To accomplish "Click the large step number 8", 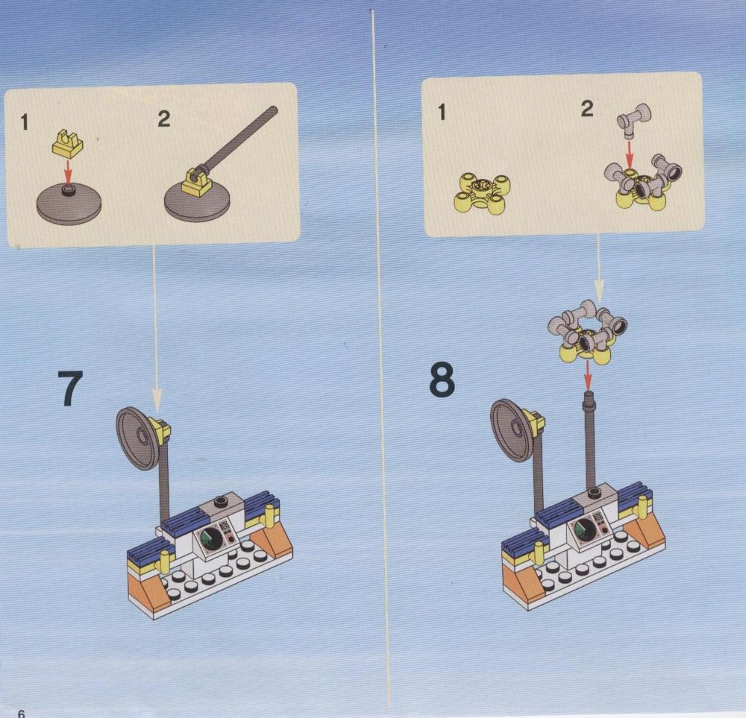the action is (442, 380).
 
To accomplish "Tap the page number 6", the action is (21, 714).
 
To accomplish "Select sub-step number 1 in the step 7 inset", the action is (25, 123).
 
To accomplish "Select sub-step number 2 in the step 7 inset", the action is (164, 119).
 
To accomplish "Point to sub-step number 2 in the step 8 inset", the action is (587, 109).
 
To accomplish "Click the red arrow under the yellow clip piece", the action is (68, 171).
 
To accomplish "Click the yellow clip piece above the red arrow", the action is (68, 144).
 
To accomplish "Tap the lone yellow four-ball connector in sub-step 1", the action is (483, 194).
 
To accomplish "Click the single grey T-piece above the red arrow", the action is (633, 120).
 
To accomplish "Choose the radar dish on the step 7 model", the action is (138, 438).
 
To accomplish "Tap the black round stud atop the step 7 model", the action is (222, 501).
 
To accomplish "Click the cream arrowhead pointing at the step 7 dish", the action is (157, 400).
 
